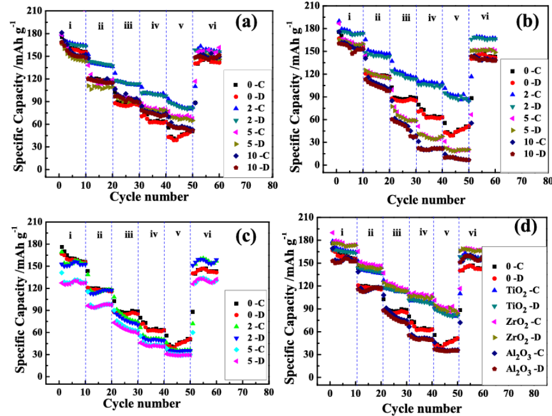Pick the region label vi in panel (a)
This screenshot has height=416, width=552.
pyautogui.click(x=213, y=25)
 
